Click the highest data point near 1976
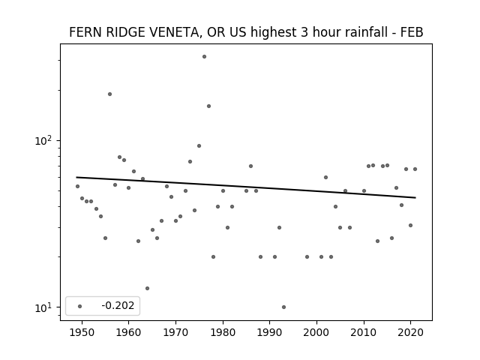click(204, 57)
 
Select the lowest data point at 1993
click(283, 307)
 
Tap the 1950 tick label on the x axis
click(82, 332)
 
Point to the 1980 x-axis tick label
click(223, 332)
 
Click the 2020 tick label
click(410, 332)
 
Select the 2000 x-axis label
click(316, 332)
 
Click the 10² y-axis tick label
click(43, 140)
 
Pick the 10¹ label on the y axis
click(43, 307)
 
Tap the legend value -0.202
click(118, 305)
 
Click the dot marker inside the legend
click(79, 306)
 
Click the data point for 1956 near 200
click(109, 94)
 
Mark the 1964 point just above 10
click(147, 288)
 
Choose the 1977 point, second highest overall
click(208, 106)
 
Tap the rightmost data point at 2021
click(415, 169)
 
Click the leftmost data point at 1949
click(77, 187)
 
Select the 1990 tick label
click(270, 332)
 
